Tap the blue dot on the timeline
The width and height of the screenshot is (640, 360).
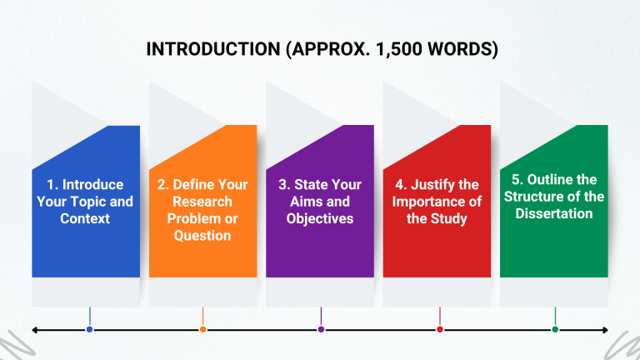pyautogui.click(x=89, y=330)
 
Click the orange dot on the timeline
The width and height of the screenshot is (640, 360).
pyautogui.click(x=202, y=330)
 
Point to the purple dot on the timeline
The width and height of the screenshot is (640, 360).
pyautogui.click(x=321, y=330)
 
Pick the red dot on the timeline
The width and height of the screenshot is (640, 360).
pyautogui.click(x=439, y=330)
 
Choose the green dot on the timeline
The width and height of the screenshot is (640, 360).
pyautogui.click(x=555, y=330)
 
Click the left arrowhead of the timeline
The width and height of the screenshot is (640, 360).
pyautogui.click(x=35, y=330)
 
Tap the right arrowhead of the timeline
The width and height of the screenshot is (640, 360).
pyautogui.click(x=606, y=330)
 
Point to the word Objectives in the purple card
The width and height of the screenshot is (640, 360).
pyautogui.click(x=321, y=218)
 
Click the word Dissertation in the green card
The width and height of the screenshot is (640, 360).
pyautogui.click(x=555, y=213)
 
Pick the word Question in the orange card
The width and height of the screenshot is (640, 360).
pyautogui.click(x=202, y=236)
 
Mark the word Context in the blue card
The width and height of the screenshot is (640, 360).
pyautogui.click(x=85, y=218)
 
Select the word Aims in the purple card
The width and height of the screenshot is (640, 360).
pyautogui.click(x=300, y=202)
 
